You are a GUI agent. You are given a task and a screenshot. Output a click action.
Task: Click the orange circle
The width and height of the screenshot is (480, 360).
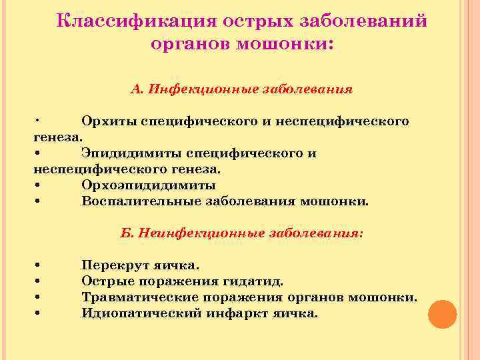click(x=442, y=314)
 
